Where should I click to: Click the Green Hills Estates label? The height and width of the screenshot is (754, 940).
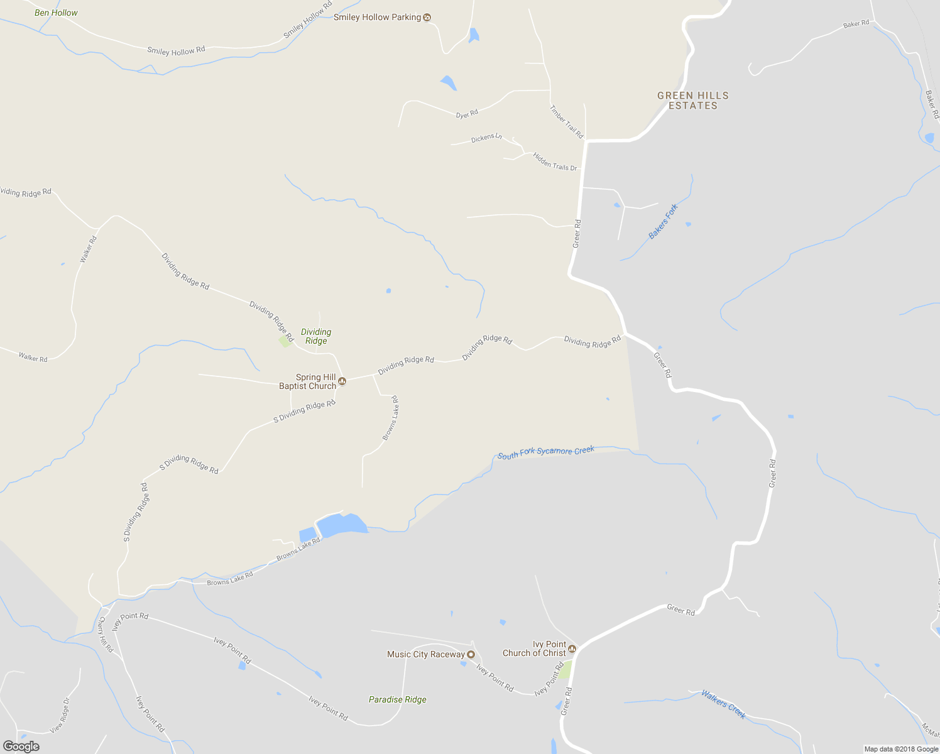point(692,101)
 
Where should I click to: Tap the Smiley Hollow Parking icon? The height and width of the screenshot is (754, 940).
point(427,17)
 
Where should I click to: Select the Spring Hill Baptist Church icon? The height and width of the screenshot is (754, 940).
point(342,381)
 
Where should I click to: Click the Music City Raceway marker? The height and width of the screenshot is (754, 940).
point(471,655)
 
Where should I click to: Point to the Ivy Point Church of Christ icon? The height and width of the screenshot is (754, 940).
point(572,648)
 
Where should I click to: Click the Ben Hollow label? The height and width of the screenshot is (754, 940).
point(56,13)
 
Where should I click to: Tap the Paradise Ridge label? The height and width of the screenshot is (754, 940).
point(397,699)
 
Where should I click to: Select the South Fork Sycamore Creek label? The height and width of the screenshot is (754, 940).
point(545,452)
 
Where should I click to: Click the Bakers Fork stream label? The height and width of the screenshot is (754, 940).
point(663,221)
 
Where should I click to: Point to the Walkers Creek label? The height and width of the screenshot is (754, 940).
point(723,704)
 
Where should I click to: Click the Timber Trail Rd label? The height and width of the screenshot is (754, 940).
point(566,122)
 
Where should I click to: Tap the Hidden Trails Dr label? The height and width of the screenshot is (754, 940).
point(555,162)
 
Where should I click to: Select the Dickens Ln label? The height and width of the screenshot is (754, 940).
point(486,138)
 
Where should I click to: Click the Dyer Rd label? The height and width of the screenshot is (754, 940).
point(467,114)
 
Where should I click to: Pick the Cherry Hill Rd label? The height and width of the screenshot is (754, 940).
point(106,634)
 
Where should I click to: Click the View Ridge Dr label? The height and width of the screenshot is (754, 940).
point(60,715)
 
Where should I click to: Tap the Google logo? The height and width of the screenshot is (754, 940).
point(21,746)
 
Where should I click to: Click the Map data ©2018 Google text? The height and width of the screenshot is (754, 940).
point(901,749)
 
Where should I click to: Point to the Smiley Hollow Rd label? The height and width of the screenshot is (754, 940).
point(176,50)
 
